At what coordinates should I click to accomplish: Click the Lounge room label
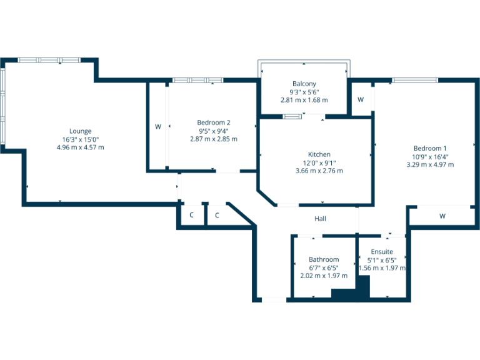point(80,131)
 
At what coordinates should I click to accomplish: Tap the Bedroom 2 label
point(213,122)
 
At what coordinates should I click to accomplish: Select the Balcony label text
point(304,84)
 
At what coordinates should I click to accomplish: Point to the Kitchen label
point(319,154)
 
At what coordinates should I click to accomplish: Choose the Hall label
point(320,219)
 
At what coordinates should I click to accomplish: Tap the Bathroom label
point(323,259)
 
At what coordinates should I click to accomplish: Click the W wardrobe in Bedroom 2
point(157,127)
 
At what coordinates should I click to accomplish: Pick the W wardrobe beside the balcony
point(361,99)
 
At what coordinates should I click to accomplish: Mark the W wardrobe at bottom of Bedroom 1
point(442,216)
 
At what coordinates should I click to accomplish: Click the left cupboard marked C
point(192,216)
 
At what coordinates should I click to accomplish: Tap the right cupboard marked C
point(217,216)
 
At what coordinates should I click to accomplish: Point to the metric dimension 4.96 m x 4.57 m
point(80,147)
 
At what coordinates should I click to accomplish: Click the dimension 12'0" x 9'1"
point(319,162)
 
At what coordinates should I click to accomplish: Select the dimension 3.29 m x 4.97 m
point(429,164)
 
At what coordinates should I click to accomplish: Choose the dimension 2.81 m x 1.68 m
point(304,100)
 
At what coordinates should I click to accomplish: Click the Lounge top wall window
point(49,60)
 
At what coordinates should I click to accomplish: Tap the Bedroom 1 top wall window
point(415,79)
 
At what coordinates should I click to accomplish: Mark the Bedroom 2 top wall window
point(197,80)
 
